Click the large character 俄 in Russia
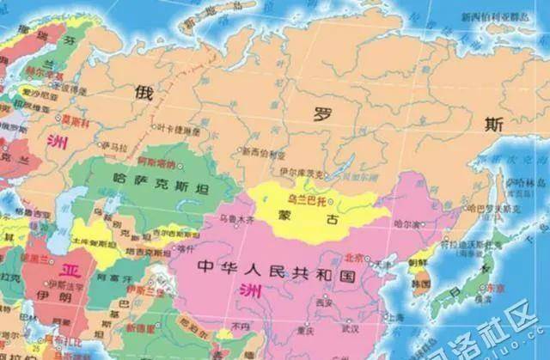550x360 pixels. [143, 91]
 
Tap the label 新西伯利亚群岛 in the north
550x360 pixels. [496, 16]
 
